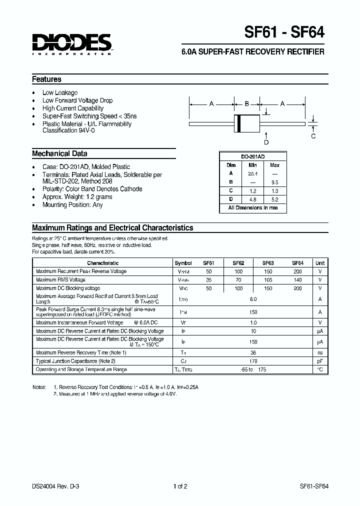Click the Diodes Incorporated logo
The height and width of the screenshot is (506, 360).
pyautogui.click(x=72, y=43)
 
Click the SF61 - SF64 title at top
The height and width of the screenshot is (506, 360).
pyautogui.click(x=284, y=32)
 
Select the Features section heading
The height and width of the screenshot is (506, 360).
pyautogui.click(x=46, y=79)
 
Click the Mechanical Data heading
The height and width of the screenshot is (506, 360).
pyautogui.click(x=59, y=153)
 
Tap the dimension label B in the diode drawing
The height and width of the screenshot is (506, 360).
pyautogui.click(x=246, y=104)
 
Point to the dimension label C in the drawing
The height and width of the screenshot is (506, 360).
pyautogui.click(x=313, y=136)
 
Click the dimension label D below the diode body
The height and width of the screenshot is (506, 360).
pyautogui.click(x=266, y=142)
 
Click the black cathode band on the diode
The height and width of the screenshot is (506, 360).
pyautogui.click(x=238, y=123)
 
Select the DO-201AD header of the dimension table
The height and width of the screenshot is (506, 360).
pyautogui.click(x=253, y=156)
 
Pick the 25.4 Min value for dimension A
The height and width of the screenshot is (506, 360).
pyautogui.click(x=253, y=173)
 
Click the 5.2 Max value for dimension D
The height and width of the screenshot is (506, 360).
pyautogui.click(x=274, y=199)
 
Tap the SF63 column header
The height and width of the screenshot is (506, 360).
pyautogui.click(x=268, y=263)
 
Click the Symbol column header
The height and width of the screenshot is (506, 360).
pyautogui.click(x=183, y=263)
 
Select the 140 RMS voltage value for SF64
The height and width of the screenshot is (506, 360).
pyautogui.click(x=298, y=280)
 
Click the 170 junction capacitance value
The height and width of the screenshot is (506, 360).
pyautogui.click(x=253, y=361)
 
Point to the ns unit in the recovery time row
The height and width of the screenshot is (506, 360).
pyautogui.click(x=320, y=352)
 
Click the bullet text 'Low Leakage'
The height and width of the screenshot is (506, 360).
pyautogui.click(x=60, y=92)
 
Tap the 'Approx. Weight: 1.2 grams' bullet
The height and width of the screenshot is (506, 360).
pyautogui.click(x=77, y=197)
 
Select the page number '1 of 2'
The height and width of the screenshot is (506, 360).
pyautogui.click(x=180, y=485)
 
